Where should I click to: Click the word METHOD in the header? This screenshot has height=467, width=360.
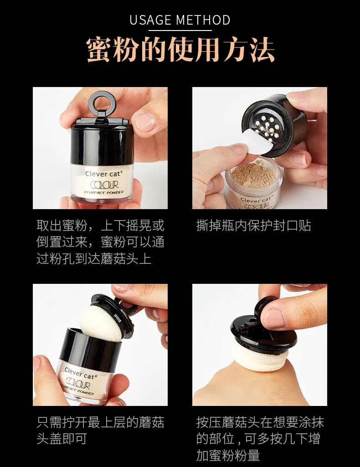[203, 20]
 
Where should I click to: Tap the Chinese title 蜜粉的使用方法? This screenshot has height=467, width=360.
[180, 50]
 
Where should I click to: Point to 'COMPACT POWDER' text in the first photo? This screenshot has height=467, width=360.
[103, 192]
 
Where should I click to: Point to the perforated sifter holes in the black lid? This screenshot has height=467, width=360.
[268, 128]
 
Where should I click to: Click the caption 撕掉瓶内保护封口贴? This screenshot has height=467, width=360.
[254, 226]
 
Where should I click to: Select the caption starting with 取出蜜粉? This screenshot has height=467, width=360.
[100, 242]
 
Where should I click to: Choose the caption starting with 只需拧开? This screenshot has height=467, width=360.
[100, 431]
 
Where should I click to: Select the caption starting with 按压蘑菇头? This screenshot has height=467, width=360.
[260, 439]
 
